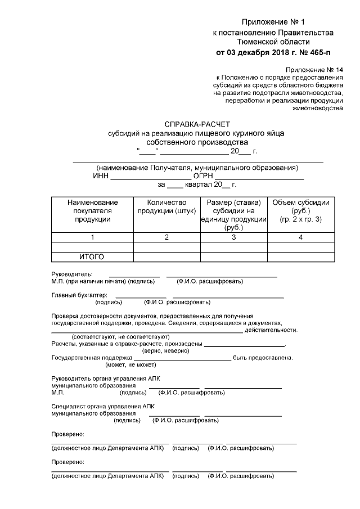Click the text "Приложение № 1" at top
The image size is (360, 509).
tap(272, 22)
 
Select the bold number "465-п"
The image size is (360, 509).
tap(315, 53)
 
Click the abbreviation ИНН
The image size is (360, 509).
tap(101, 176)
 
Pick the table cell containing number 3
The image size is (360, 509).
tap(233, 237)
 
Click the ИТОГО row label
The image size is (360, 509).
tap(92, 257)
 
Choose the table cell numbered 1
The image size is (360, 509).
tap(92, 237)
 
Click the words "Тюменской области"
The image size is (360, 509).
tap(273, 42)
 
